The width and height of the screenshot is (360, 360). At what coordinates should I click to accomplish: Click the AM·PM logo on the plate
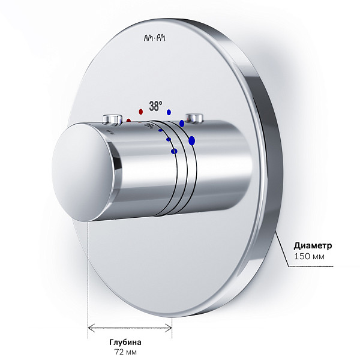coord(155,38)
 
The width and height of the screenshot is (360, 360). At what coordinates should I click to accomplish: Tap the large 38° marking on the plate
coord(155,106)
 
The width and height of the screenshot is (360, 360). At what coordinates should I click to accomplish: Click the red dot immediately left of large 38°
coord(141,112)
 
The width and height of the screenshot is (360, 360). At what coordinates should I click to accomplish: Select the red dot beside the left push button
coord(128,121)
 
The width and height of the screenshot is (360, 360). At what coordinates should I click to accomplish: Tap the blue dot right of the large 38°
coord(169,112)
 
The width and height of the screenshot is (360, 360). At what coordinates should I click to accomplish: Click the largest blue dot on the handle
coord(192,140)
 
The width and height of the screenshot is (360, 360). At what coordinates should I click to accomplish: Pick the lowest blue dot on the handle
coord(174,151)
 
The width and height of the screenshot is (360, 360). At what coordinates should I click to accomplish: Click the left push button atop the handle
coord(112,120)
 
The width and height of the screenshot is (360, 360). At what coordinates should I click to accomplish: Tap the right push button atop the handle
coord(194,118)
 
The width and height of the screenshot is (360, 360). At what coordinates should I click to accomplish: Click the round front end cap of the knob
coord(82,172)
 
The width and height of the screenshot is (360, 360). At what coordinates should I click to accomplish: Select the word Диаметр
coord(313,245)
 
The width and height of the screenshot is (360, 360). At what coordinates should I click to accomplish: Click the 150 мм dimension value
coord(309,256)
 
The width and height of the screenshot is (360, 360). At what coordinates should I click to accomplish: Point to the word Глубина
coord(125,343)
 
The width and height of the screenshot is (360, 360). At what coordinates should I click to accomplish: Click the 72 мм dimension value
coord(125,352)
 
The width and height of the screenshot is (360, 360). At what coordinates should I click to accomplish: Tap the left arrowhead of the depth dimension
coord(91,328)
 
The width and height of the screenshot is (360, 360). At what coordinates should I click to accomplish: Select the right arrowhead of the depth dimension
coord(169,328)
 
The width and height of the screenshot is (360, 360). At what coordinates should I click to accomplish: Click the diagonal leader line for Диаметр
coord(282,250)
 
